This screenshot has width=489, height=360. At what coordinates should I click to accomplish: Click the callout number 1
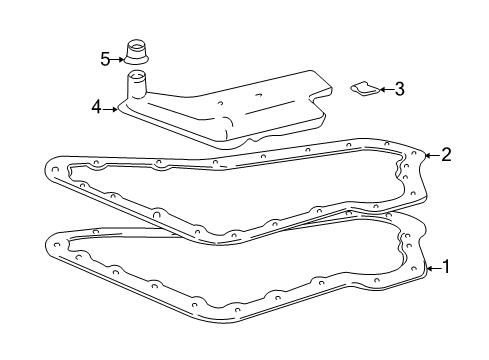[446, 267]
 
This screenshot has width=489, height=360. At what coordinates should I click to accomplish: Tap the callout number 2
[446, 154]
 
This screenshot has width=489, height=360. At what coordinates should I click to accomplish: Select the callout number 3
[399, 90]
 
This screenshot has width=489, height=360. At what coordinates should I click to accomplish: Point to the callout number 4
[96, 106]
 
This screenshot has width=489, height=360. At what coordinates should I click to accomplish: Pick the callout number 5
[104, 59]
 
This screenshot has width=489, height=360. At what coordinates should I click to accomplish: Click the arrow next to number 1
[433, 267]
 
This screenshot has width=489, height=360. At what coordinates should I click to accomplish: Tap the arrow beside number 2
[432, 154]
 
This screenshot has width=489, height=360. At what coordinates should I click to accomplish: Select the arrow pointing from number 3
[385, 90]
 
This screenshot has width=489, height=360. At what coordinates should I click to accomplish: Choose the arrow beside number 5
[118, 59]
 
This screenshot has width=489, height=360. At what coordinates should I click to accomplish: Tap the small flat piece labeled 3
[364, 90]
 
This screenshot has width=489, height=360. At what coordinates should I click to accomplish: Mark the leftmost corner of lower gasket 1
[47, 241]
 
